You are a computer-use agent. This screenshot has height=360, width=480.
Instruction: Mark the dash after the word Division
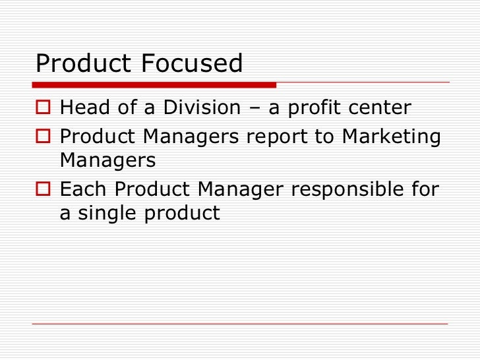pos(255,108)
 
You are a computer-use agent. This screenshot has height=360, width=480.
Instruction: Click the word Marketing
pos(391,136)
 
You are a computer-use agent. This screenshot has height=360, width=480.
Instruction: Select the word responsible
pos(346,191)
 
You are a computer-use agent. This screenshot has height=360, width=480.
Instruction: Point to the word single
pos(109,214)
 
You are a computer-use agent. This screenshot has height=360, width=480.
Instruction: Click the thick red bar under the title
pos(154,84)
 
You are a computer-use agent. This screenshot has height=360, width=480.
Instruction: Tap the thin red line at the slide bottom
pos(240,323)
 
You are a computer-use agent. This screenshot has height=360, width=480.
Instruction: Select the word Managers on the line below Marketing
pos(107,160)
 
